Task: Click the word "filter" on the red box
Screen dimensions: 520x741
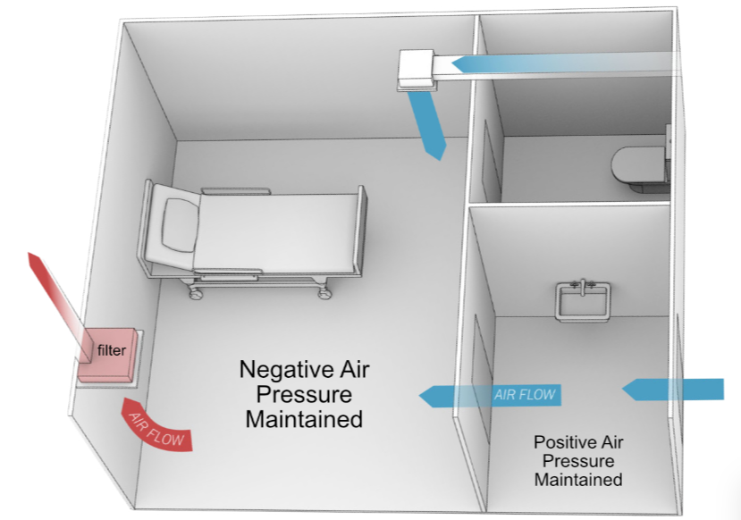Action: point(112,351)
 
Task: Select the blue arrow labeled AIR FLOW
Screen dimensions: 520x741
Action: point(491,394)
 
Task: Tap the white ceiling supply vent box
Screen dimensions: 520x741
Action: point(416,69)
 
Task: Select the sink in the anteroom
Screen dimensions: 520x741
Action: point(582,300)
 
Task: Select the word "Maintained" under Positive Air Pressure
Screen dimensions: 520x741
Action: point(577,480)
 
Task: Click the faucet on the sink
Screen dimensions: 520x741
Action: point(582,283)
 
